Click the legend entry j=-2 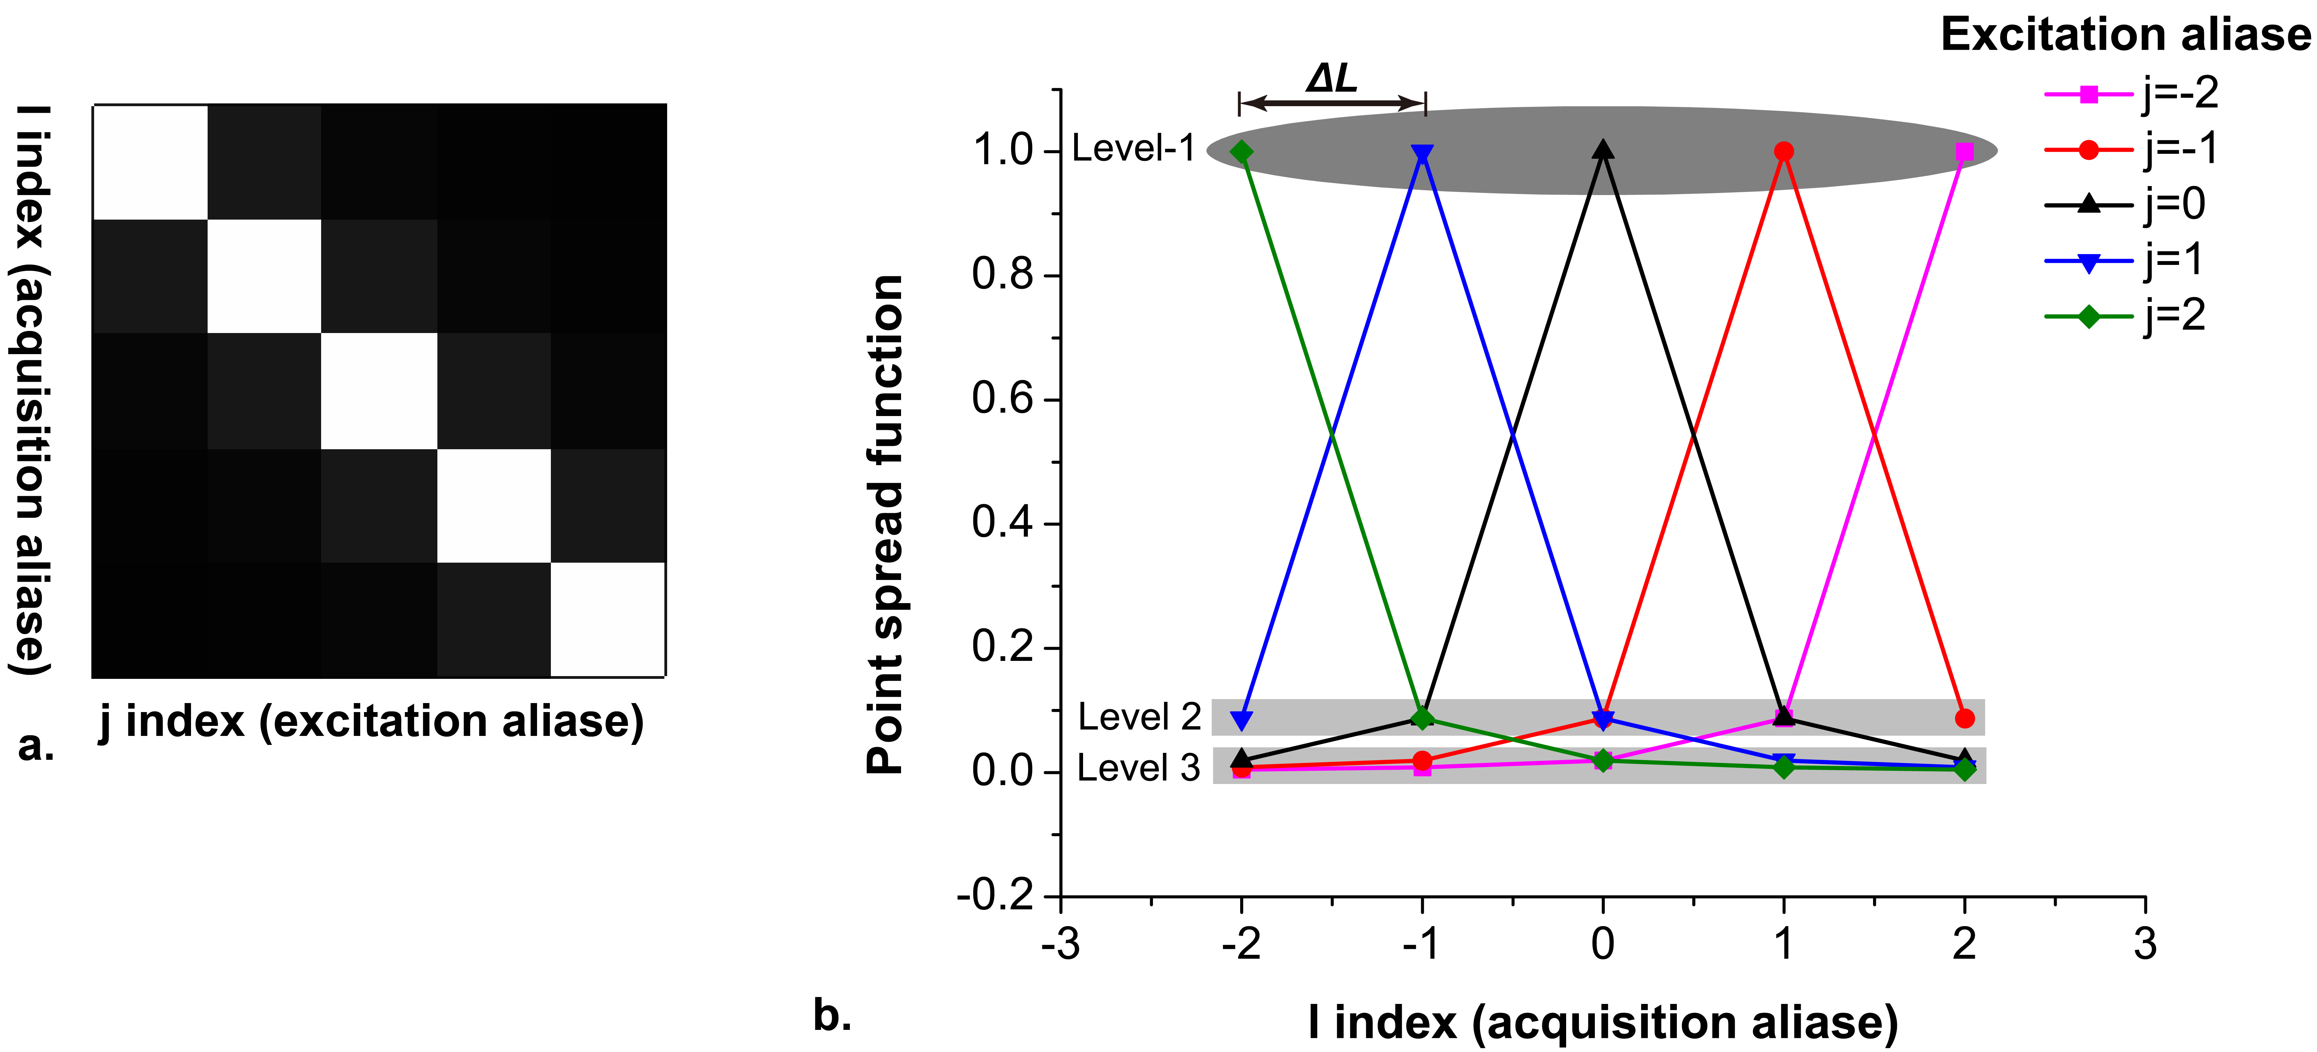2132,93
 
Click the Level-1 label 1133,148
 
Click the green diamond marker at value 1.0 1241,152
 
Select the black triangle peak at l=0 1603,150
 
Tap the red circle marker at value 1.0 1784,152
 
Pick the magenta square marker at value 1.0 1964,152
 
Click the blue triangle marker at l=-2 1241,720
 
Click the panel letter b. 832,1015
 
